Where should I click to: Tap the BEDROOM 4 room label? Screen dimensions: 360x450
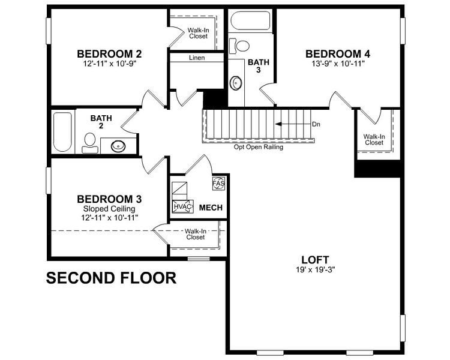(337, 53)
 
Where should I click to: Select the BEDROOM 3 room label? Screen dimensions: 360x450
(109, 199)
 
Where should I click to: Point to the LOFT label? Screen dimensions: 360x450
(314, 260)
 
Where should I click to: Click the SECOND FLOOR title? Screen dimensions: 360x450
(111, 278)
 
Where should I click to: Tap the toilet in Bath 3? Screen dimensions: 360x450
(243, 46)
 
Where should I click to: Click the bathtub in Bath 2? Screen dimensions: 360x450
(62, 132)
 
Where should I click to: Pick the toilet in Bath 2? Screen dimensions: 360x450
(89, 140)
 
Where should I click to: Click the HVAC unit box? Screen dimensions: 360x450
(182, 207)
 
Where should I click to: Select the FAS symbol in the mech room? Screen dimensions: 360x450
(218, 181)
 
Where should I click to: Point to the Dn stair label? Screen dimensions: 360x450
(317, 124)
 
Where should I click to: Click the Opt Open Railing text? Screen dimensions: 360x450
(258, 147)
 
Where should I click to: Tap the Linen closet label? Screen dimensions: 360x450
(197, 58)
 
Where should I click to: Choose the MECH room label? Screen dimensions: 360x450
(211, 208)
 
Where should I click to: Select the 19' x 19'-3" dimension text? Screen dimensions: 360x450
(314, 269)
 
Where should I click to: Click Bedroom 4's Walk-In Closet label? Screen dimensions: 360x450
(374, 140)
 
